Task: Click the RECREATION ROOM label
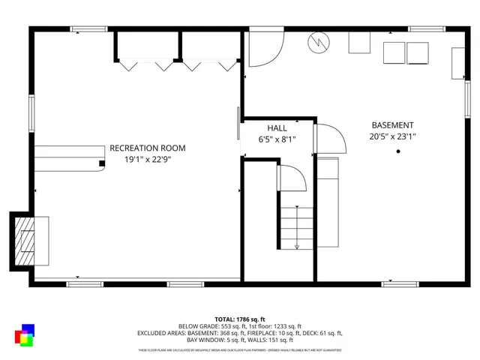(x=147, y=148)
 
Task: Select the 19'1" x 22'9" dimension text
(x=147, y=159)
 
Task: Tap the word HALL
(x=277, y=128)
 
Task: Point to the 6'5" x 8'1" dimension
(x=277, y=139)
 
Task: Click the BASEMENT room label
(x=392, y=125)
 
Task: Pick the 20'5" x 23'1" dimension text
(x=392, y=136)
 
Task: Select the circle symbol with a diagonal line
(x=317, y=43)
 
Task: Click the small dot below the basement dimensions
(x=398, y=151)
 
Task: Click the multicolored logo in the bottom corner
(x=24, y=335)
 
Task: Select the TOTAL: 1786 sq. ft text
(x=239, y=319)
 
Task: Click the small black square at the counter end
(x=101, y=162)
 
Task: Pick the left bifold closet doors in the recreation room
(x=147, y=64)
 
